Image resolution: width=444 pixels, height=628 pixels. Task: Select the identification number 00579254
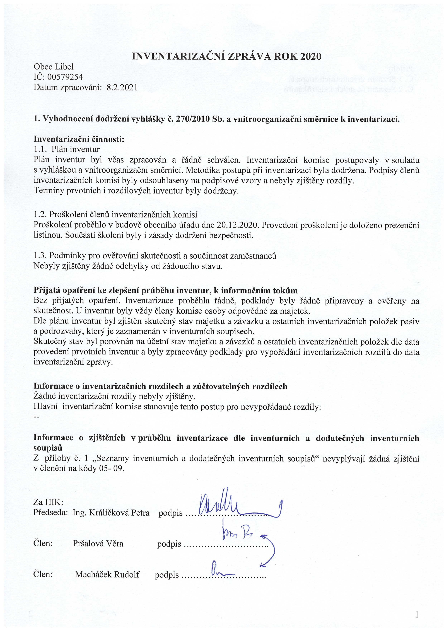pos(65,77)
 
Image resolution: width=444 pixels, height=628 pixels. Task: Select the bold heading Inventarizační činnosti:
pos(79,139)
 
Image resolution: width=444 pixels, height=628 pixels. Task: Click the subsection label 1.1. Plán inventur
pos(67,149)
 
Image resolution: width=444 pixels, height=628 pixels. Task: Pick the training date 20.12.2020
pos(237,225)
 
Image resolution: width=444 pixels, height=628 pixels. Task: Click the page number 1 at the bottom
pos(417,615)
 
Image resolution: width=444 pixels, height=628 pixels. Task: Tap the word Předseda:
pos(51,512)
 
